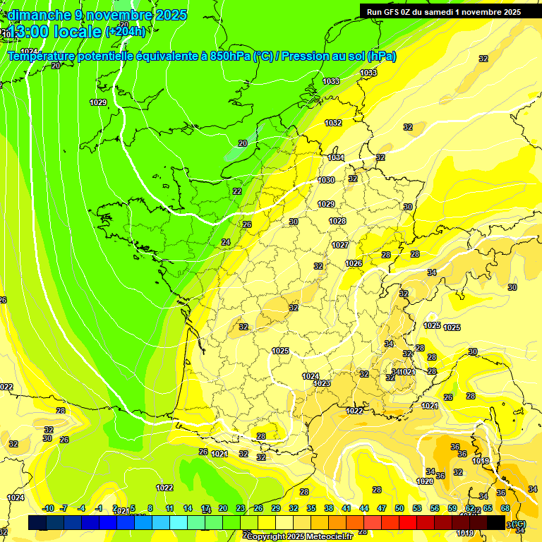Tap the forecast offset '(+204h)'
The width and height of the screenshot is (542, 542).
click(125, 31)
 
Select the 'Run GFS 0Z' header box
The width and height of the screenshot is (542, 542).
click(443, 11)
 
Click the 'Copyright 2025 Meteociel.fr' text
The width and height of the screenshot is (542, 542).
click(299, 536)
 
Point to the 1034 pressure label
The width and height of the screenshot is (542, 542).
click(336, 157)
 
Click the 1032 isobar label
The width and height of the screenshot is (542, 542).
click(333, 123)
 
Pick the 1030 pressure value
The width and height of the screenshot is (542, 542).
click(326, 181)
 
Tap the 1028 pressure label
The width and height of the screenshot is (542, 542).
click(337, 222)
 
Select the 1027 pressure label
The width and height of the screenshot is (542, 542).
click(340, 245)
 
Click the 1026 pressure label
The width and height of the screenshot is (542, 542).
click(354, 263)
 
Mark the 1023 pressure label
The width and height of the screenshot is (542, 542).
click(322, 383)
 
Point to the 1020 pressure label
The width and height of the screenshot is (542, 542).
click(425, 481)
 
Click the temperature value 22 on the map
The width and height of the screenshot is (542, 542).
click(237, 191)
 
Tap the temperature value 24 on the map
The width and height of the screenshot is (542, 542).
click(226, 242)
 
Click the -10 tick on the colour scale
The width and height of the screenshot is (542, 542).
click(48, 508)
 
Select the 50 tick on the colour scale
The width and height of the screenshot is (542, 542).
click(399, 508)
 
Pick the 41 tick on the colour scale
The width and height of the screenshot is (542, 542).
click(347, 508)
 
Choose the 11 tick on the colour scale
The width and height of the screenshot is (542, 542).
click(169, 508)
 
